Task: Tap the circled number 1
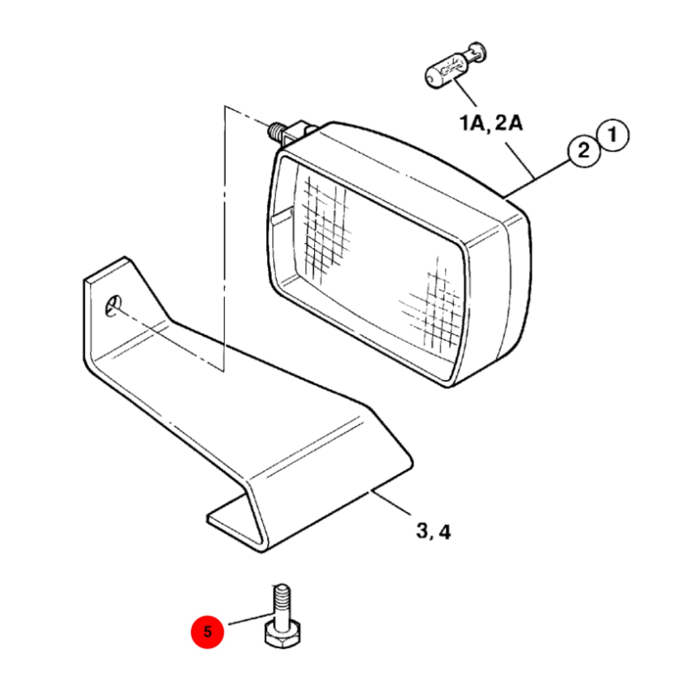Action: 613,135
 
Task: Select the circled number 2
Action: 584,151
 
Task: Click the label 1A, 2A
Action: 491,123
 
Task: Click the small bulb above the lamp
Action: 455,66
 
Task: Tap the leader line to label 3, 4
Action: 390,502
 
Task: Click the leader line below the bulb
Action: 465,92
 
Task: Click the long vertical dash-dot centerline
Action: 224,238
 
